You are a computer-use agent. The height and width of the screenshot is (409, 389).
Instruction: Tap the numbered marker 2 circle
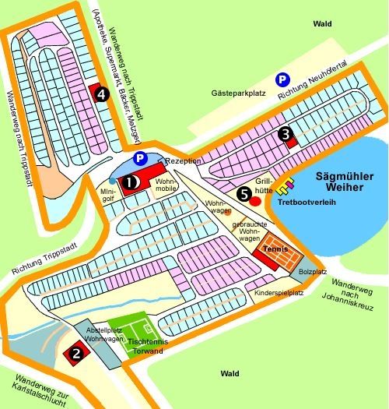[76, 353]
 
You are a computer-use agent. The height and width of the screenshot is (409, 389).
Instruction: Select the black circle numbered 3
[287, 135]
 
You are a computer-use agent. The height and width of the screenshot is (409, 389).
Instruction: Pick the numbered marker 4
[100, 94]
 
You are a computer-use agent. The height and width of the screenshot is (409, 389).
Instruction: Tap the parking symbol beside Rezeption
[139, 159]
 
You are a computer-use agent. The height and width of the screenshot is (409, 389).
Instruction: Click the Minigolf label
[108, 194]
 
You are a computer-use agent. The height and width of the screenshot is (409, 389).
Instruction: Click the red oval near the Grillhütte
[255, 200]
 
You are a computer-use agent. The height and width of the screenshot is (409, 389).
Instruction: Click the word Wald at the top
[321, 24]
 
